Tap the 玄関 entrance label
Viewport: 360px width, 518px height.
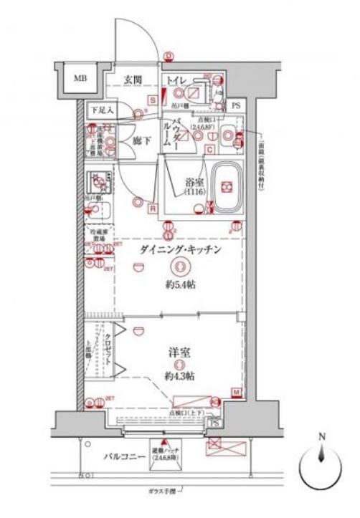tap(131, 79)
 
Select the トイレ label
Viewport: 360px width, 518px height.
tap(177, 79)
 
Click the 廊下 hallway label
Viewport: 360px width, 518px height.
tap(141, 140)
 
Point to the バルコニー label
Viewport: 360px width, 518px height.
tap(119, 454)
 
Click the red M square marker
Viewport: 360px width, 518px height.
tap(236, 391)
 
